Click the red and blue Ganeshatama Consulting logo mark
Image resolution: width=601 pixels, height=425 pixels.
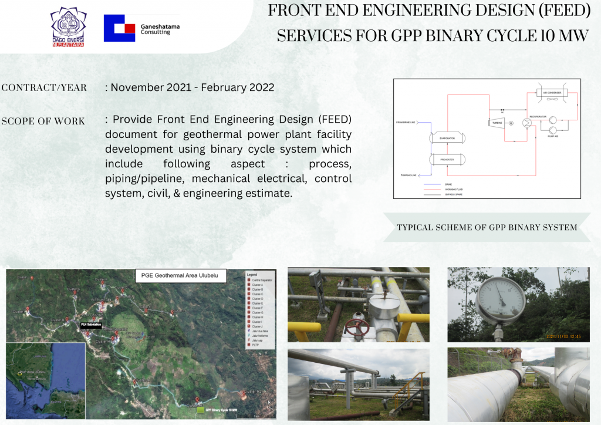coord(119,28)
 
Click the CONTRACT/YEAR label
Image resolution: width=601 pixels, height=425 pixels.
coord(44,88)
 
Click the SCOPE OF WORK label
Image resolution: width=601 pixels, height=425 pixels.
coord(43,122)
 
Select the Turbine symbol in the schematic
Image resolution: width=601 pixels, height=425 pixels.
coord(495,122)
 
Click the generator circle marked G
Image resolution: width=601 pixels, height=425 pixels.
coord(511,123)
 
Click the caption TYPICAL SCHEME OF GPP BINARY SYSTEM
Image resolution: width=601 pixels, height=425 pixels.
coord(487,227)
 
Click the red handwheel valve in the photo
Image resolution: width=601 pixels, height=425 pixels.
coord(356,328)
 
